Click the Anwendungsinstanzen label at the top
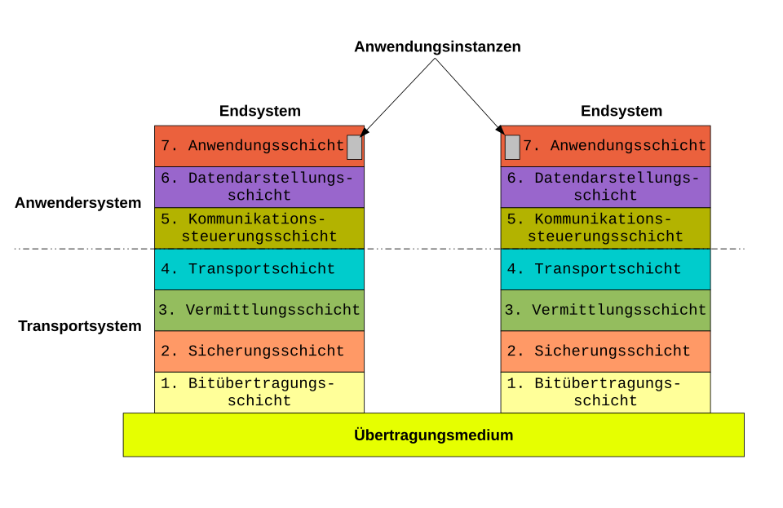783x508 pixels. click(x=437, y=46)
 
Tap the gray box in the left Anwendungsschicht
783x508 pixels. click(x=355, y=148)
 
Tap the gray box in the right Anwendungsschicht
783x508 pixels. click(x=512, y=148)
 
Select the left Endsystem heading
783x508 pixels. click(x=259, y=111)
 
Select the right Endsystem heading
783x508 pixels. click(x=622, y=111)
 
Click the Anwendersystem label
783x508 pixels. click(x=78, y=202)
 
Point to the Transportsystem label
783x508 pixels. click(x=80, y=326)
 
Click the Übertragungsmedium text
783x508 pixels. click(x=433, y=435)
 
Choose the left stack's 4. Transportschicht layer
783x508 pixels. click(x=259, y=269)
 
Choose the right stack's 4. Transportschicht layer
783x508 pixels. click(x=606, y=269)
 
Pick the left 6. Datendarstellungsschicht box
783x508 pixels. click(x=259, y=187)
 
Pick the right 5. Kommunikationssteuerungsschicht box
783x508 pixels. click(x=606, y=228)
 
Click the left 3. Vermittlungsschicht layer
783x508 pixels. click(x=259, y=310)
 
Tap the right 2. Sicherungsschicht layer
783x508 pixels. click(x=606, y=351)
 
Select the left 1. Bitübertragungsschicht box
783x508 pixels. click(x=259, y=392)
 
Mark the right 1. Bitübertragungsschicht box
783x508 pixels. click(x=606, y=392)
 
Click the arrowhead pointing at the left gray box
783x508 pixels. click(x=364, y=131)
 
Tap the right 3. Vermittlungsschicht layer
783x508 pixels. click(x=606, y=310)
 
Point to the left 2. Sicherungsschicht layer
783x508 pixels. click(x=259, y=351)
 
